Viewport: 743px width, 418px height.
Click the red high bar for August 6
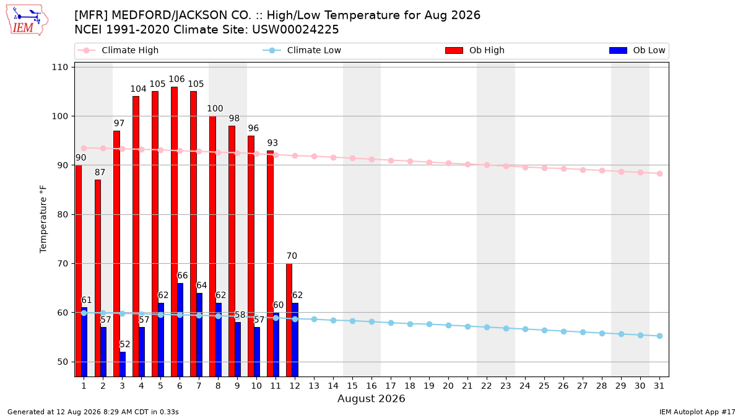174,232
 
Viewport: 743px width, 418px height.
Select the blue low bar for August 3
123,364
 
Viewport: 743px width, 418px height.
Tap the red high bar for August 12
289,320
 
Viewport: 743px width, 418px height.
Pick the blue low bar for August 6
180,329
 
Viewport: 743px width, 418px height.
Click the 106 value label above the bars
176,79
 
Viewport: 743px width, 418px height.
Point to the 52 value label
124,344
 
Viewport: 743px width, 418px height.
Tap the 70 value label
292,256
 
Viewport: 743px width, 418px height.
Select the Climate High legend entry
118,50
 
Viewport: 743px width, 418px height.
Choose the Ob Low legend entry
637,50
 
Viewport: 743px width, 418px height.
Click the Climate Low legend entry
302,50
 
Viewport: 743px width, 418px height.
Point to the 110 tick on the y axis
59,67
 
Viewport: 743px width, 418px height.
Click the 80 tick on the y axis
63,215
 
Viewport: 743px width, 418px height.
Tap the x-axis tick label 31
659,386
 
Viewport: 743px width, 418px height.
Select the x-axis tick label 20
448,386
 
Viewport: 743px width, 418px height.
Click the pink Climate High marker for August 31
659,173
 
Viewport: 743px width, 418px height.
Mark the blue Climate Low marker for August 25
544,331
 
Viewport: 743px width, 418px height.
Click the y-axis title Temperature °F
43,219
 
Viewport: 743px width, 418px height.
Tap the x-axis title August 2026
371,398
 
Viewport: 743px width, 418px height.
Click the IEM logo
27,20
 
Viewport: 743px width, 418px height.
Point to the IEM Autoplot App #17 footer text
697,412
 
